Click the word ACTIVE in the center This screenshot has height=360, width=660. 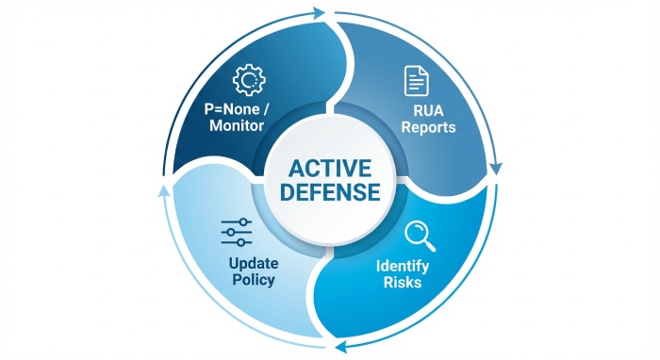[329, 169]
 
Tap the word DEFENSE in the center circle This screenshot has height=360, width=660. [329, 192]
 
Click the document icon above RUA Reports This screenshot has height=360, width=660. [415, 81]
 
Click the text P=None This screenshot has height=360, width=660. [229, 109]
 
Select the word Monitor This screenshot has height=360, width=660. [236, 125]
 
